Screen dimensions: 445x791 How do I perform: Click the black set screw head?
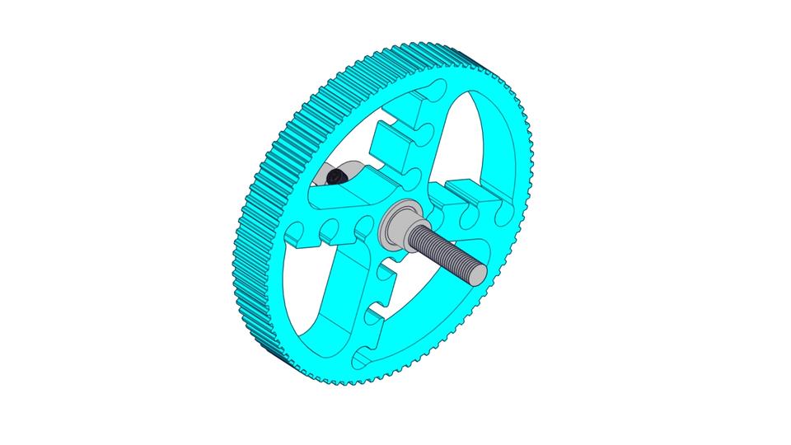pyautogui.click(x=334, y=176)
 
